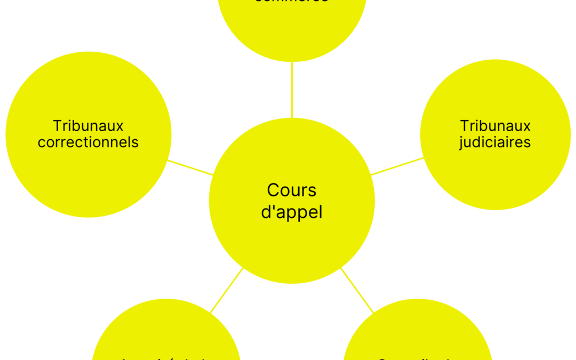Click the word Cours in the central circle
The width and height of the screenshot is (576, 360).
click(x=292, y=190)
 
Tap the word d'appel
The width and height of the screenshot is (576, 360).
click(x=292, y=212)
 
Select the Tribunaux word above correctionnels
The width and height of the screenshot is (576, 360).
click(x=88, y=126)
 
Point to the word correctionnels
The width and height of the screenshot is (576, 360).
click(x=88, y=142)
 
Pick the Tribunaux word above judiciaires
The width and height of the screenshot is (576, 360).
click(x=495, y=126)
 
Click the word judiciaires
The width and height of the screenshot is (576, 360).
click(x=495, y=143)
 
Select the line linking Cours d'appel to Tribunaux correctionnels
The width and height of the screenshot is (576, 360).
click(x=190, y=167)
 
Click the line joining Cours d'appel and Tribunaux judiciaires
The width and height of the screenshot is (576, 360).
click(x=397, y=166)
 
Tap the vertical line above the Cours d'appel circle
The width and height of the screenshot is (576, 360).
click(x=292, y=90)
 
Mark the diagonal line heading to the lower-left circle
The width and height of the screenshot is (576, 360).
click(x=227, y=290)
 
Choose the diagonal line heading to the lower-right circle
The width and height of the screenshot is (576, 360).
click(x=357, y=290)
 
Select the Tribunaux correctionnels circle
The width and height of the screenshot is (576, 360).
click(x=88, y=176)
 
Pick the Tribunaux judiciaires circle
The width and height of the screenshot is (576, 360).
click(x=495, y=176)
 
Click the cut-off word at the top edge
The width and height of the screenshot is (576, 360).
click(x=291, y=2)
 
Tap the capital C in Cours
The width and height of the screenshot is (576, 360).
click(x=273, y=190)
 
